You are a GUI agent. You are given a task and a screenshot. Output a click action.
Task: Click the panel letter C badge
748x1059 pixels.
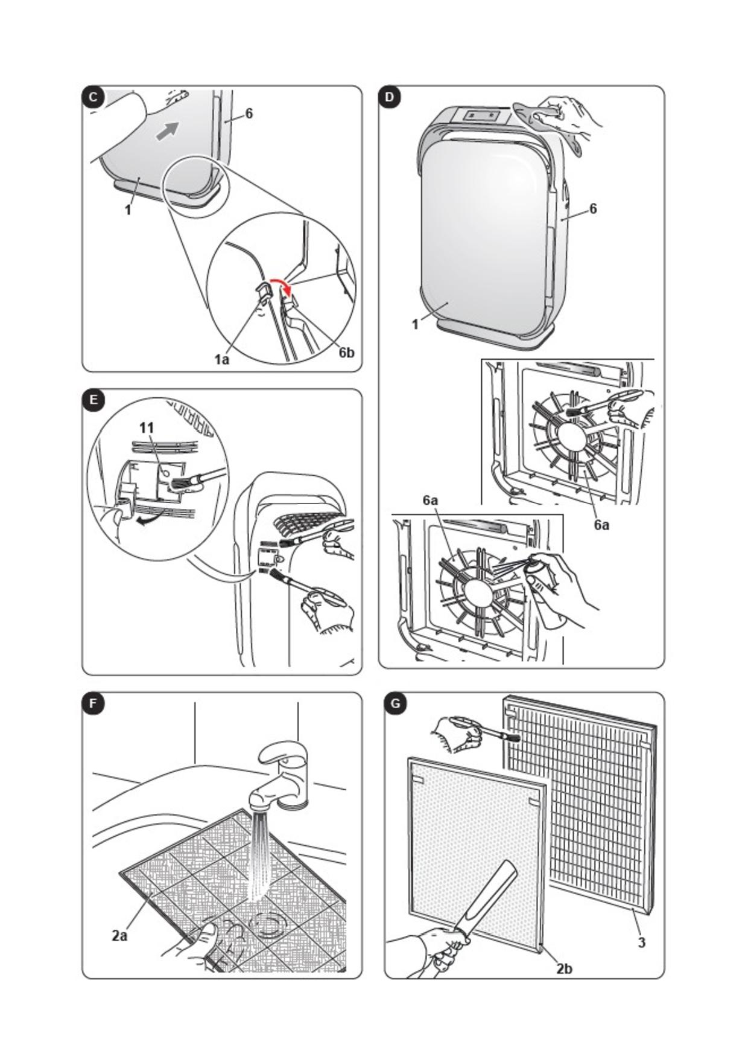coord(93,98)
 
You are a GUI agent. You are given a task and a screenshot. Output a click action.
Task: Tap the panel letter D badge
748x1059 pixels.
coord(390,98)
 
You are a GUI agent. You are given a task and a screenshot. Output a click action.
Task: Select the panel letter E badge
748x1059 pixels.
coord(93,400)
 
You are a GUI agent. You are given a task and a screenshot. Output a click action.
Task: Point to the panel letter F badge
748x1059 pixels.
coord(93,703)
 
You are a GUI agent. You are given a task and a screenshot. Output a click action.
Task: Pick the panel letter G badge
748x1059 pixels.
coord(396,703)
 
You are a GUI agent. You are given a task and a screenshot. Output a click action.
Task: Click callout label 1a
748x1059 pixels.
coord(222,360)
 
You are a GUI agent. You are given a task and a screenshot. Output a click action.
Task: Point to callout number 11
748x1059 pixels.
coord(147,427)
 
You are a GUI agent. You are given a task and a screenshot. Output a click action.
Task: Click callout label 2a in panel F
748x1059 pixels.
coord(119,935)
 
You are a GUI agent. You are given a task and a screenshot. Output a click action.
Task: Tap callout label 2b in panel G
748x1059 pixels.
coord(564,968)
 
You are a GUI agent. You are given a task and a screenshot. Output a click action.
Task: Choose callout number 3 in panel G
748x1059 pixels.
coord(642,942)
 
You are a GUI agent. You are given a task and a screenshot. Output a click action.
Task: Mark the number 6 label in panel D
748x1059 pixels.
coord(593,209)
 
